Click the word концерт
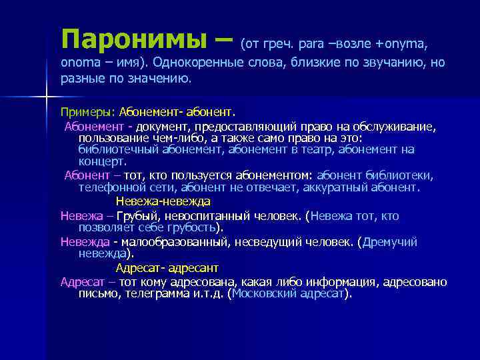tap(102, 161)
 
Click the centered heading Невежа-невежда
tap(163, 201)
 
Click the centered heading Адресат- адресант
tap(167, 268)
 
